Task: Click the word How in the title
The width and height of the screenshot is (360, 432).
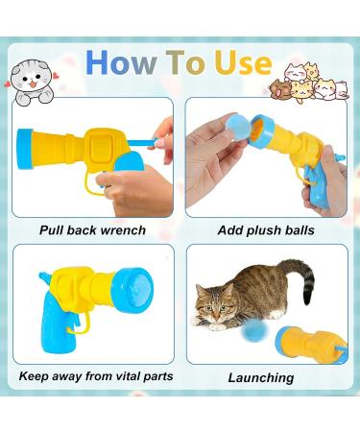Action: coord(122,62)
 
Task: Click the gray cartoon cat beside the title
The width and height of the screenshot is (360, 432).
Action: coord(34,81)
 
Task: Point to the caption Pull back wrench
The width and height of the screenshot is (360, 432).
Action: coord(93,230)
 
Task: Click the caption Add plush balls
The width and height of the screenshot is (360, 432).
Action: coord(266,230)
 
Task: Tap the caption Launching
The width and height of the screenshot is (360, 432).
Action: coord(261,377)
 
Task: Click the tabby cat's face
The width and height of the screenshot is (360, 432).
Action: coord(216,309)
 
